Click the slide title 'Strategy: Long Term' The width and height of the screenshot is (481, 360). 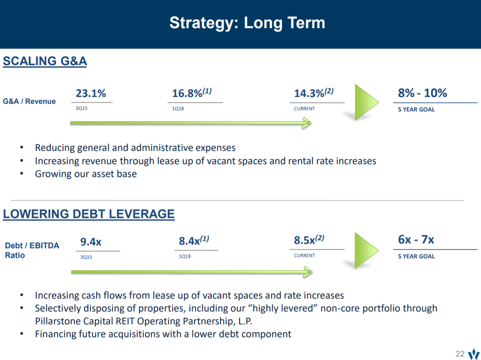(247, 23)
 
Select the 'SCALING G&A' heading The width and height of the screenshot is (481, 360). (45, 61)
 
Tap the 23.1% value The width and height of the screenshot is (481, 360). (91, 93)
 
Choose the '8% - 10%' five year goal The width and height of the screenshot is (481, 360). (422, 93)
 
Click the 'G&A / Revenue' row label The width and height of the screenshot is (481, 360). (29, 101)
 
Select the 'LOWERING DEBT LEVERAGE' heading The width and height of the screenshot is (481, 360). (89, 214)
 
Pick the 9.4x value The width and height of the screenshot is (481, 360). (91, 242)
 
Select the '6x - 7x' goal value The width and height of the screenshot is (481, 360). (416, 240)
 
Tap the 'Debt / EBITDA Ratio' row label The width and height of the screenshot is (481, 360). (32, 250)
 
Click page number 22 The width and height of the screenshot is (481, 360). (460, 354)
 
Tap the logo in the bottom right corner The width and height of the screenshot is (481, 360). (473, 353)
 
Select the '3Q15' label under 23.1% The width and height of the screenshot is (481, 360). (81, 109)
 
